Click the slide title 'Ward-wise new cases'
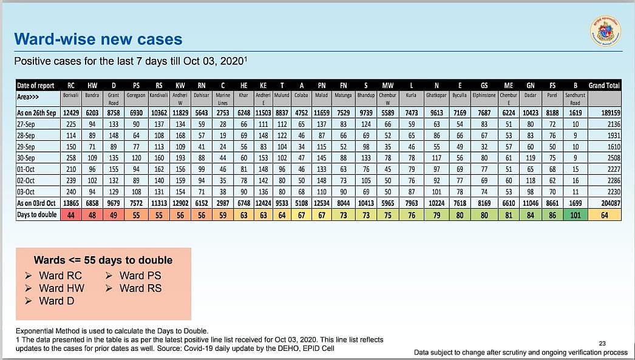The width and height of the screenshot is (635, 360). pyautogui.click(x=98, y=40)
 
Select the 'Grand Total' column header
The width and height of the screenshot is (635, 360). pyautogui.click(x=604, y=86)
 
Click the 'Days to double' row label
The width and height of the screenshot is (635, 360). pyautogui.click(x=37, y=214)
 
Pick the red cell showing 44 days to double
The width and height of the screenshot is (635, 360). pyautogui.click(x=71, y=214)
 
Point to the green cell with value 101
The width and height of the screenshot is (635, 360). pyautogui.click(x=574, y=214)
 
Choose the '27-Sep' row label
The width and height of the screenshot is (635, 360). pyautogui.click(x=27, y=124)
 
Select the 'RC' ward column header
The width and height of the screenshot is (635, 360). pyautogui.click(x=71, y=86)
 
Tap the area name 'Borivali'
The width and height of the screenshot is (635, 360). pyautogui.click(x=71, y=95)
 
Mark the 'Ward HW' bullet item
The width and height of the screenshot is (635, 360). pyautogui.click(x=61, y=288)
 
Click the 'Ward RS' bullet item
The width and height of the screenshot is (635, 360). pyautogui.click(x=140, y=288)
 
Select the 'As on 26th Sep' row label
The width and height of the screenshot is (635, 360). pyautogui.click(x=37, y=113)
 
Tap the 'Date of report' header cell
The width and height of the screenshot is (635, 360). pyautogui.click(x=35, y=86)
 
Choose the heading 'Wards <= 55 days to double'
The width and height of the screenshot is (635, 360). pyautogui.click(x=103, y=260)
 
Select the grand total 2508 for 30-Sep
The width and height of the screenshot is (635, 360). pyautogui.click(x=612, y=158)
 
